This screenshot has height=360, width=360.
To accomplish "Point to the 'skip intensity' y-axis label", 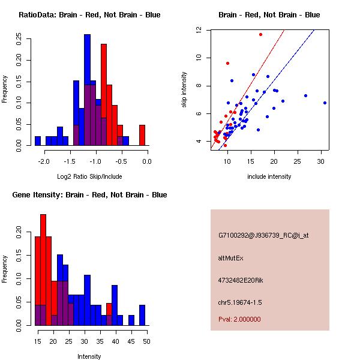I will click(185, 90).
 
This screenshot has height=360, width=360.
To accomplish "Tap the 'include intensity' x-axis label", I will click(269, 176).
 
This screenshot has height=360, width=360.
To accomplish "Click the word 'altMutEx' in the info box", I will click(231, 258).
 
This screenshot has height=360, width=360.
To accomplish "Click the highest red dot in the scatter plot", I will click(260, 34).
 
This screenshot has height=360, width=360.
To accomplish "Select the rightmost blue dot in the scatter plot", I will click(325, 103).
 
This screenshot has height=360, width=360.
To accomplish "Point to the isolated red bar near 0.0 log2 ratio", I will click(142, 135).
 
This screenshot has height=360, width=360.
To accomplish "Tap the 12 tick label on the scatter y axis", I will click(198, 29).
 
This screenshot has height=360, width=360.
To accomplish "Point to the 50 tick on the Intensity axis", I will click(146, 341).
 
